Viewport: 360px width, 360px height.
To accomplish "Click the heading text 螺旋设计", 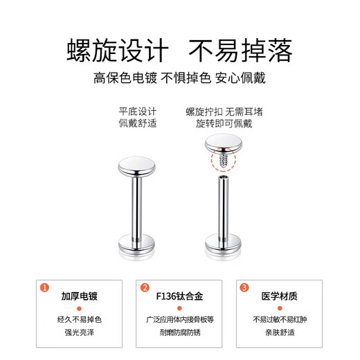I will click(117, 51).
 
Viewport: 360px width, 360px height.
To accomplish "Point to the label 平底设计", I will click(138, 111).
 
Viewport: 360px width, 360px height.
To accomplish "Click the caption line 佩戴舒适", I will click(138, 123).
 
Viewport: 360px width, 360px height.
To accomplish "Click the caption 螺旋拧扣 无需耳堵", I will click(224, 111).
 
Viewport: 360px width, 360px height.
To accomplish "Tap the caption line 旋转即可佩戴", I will click(224, 123).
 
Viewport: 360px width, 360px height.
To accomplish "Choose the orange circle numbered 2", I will click(145, 287).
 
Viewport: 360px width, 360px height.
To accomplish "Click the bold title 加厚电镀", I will click(78, 297).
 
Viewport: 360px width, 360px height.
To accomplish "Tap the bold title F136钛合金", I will click(179, 297).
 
